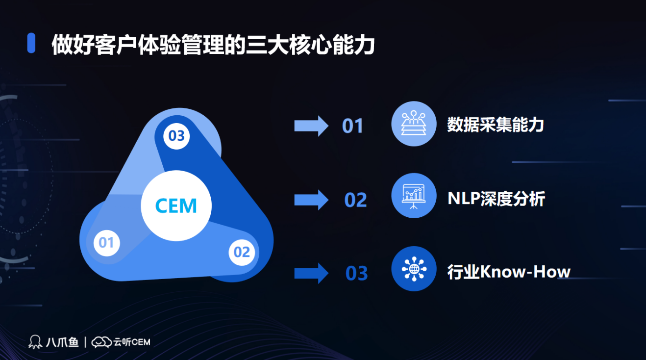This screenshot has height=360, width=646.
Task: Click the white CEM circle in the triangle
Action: tap(176, 206)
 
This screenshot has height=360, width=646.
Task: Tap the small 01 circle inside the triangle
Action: tap(107, 243)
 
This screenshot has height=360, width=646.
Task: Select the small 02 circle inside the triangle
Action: tap(242, 252)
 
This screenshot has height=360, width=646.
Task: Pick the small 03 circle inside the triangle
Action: tap(176, 136)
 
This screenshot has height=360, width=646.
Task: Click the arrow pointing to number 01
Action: tap(311, 126)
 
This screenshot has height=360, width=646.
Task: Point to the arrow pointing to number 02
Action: tap(311, 200)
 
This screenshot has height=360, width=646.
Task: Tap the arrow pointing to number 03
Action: tap(311, 273)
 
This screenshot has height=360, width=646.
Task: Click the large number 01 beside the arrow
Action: tap(352, 126)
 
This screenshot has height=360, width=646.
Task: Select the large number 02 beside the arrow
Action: tap(355, 200)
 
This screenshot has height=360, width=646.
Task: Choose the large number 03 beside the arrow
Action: tap(357, 273)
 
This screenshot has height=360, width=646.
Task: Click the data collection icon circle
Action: tap(414, 124)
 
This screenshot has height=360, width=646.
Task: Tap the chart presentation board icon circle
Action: tap(414, 195)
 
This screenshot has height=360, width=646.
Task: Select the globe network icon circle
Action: tap(414, 269)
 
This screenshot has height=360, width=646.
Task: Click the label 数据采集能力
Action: tap(496, 125)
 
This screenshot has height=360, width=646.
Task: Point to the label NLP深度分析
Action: tap(497, 199)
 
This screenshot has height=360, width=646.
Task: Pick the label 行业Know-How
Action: tap(509, 272)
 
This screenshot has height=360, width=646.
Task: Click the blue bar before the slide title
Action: tap(31, 43)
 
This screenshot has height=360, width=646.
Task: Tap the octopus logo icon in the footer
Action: tap(35, 342)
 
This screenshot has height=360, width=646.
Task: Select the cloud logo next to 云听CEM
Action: tap(101, 342)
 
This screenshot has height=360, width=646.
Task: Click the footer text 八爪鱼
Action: tap(62, 342)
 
